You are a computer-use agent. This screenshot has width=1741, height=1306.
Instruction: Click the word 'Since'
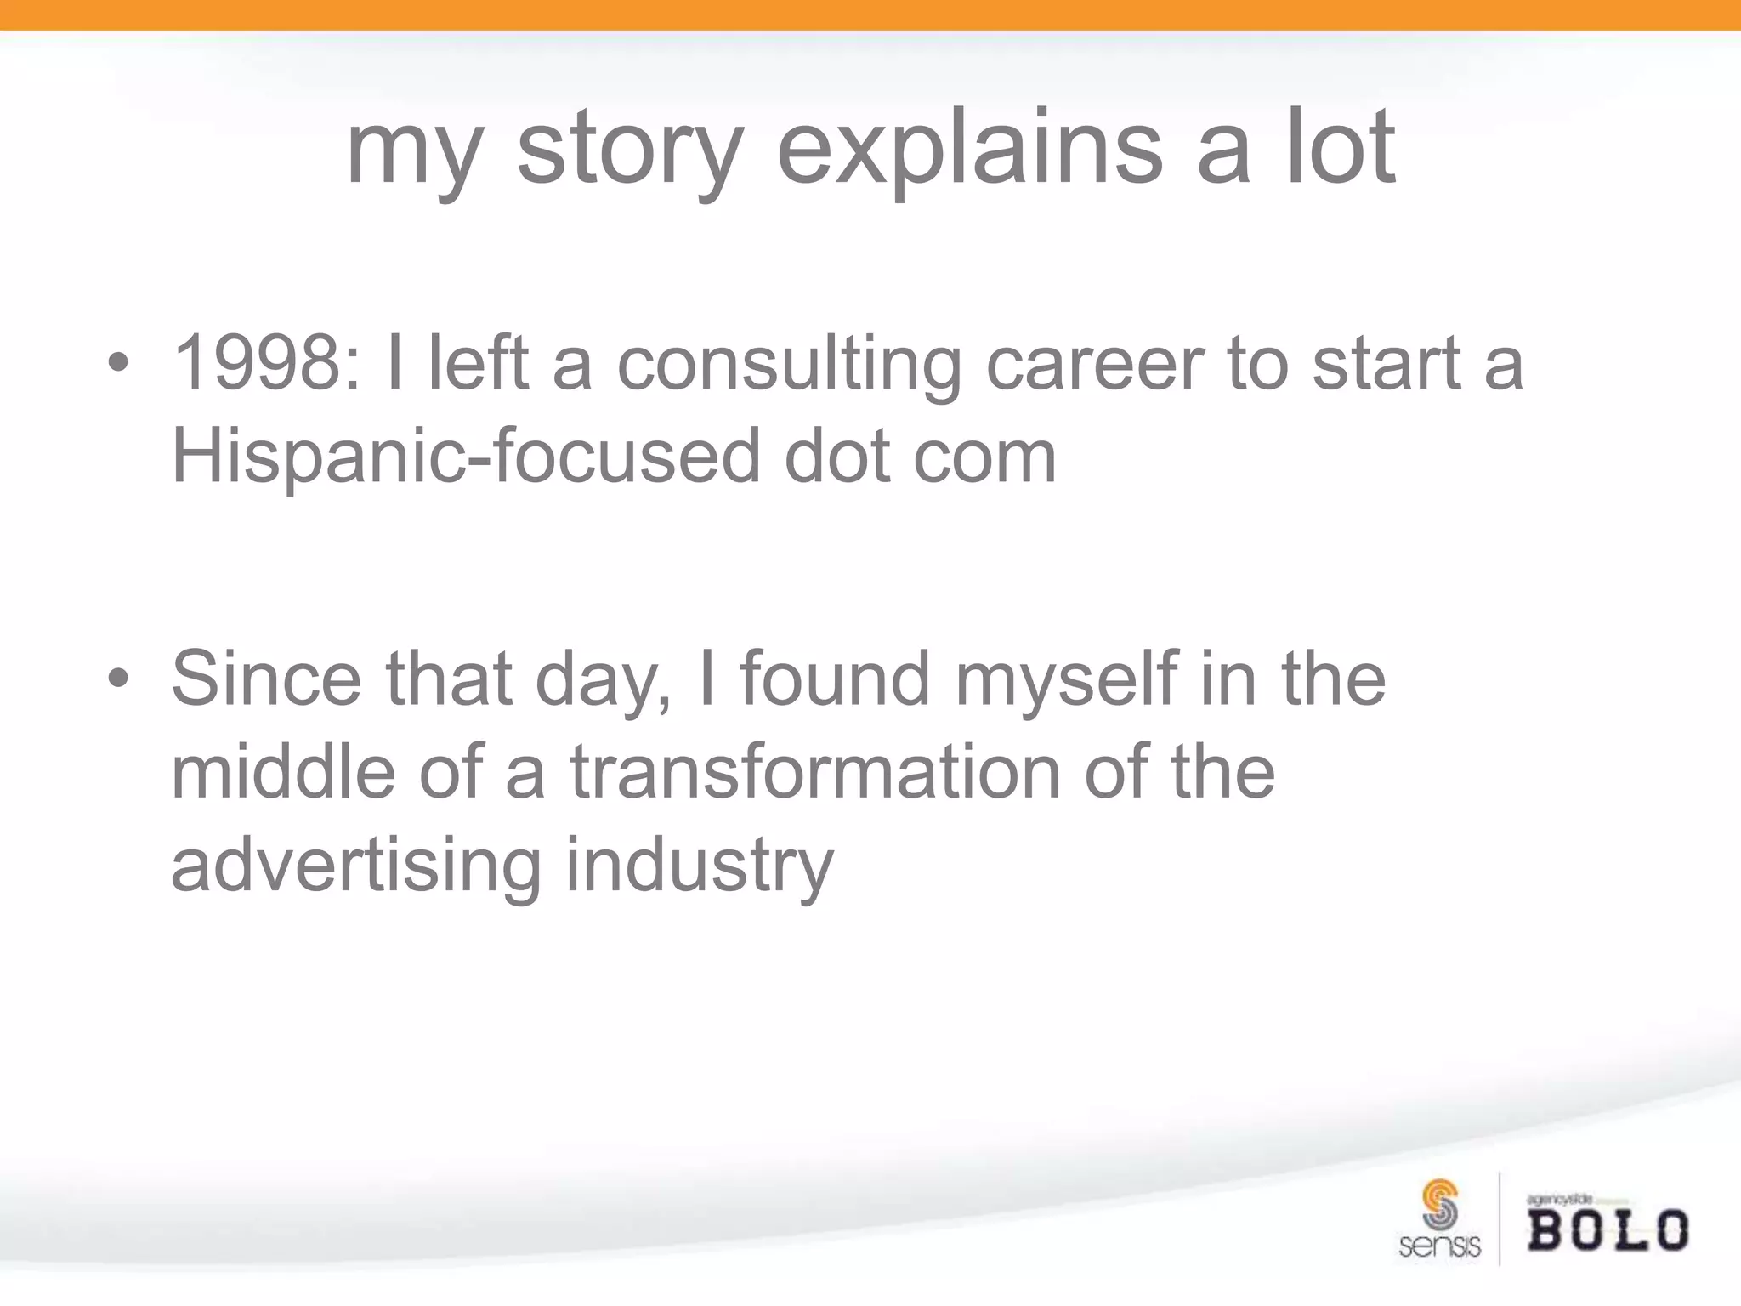[x=266, y=678]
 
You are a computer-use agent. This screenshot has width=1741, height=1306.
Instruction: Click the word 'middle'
[x=283, y=771]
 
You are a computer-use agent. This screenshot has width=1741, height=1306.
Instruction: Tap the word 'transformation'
[x=815, y=771]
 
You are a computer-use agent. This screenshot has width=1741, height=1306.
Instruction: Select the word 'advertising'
[x=356, y=865]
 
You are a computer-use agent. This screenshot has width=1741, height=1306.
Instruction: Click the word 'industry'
[x=700, y=866]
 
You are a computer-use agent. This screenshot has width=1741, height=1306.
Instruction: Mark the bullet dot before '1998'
[x=119, y=365]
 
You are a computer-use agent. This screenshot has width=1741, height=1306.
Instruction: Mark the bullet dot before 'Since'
[x=119, y=679]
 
